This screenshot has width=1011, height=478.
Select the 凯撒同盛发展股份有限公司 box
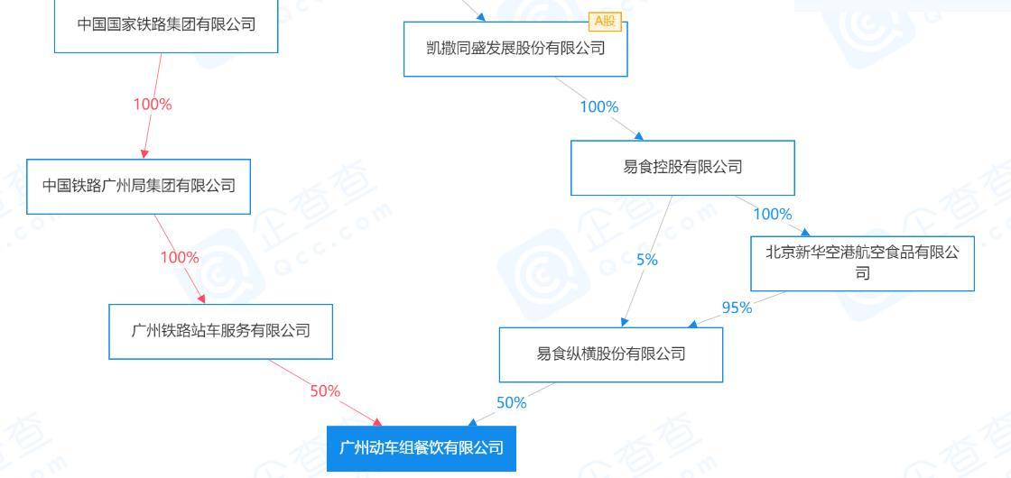coord(515,49)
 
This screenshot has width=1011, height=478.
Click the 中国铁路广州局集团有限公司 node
coord(139,187)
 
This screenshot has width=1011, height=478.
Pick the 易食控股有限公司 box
coord(682,167)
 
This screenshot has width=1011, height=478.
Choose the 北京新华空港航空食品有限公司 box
coord(862,262)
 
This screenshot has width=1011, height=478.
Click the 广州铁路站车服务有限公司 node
coord(221,330)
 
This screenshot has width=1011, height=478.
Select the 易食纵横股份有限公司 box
coord(611,354)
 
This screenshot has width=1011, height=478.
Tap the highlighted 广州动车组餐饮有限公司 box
coord(421,447)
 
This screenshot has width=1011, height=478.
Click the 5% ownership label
coord(646,261)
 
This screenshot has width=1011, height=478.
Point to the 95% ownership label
coord(737,308)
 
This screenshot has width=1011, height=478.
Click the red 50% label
coord(325,391)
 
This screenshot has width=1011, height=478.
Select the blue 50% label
coord(511,403)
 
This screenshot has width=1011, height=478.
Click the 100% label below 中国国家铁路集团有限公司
coord(153,104)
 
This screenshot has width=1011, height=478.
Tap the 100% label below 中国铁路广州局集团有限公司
coord(180,258)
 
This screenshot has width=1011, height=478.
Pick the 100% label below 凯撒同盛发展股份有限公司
coord(599,107)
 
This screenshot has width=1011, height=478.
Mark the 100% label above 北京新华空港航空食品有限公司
coord(772,215)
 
